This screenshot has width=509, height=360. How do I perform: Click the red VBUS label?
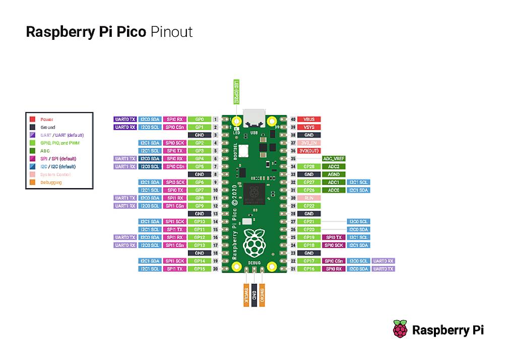309,119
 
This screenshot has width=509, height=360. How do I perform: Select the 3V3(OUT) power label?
309,151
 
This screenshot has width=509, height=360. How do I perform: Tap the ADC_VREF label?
334,159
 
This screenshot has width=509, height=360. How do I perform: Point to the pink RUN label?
309,198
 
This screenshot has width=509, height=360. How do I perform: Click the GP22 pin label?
309,206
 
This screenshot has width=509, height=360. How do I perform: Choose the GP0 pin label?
199,119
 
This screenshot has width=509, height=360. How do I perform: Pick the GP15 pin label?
199,269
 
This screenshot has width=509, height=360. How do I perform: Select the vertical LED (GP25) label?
235,92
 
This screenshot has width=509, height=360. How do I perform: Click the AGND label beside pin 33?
334,174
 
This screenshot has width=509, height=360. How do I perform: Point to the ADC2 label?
334,166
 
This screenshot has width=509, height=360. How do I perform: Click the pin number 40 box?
293,119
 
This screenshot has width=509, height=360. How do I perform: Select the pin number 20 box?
215,269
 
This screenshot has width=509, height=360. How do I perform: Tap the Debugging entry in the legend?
51,182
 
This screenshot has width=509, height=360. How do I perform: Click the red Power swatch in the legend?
32,119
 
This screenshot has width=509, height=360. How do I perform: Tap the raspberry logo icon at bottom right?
400,330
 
